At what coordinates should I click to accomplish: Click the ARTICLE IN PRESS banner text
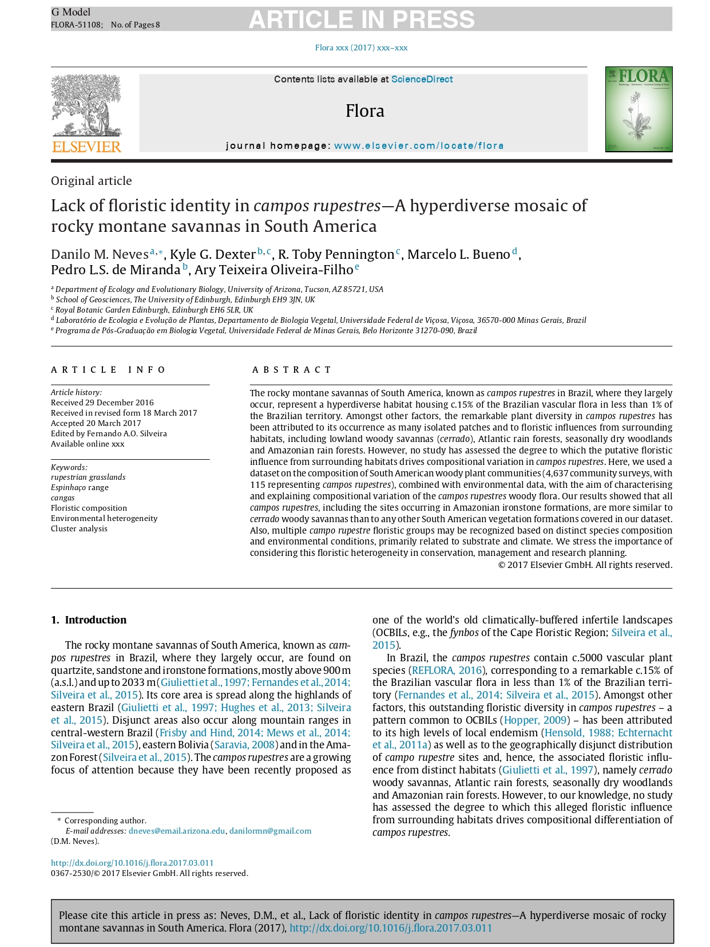tap(362, 19)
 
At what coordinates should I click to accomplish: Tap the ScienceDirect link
tap(422, 80)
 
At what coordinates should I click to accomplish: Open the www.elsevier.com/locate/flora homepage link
tap(419, 146)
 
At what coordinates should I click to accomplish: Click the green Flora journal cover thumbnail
tap(638, 109)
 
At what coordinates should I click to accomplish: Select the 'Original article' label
tap(92, 181)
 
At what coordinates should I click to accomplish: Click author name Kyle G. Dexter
tap(213, 254)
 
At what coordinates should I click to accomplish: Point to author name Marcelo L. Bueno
tap(458, 254)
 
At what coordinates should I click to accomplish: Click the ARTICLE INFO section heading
tap(108, 370)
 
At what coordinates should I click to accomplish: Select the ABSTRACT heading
tap(292, 370)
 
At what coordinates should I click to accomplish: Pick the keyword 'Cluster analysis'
tap(79, 528)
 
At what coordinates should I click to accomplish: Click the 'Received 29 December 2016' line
tap(102, 403)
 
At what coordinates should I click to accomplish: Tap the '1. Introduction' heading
tap(89, 620)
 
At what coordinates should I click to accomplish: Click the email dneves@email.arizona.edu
tap(177, 831)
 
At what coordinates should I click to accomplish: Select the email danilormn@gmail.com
tap(270, 831)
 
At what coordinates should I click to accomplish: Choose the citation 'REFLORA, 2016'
tap(447, 670)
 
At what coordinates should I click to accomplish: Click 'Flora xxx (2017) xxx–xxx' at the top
tap(361, 48)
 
